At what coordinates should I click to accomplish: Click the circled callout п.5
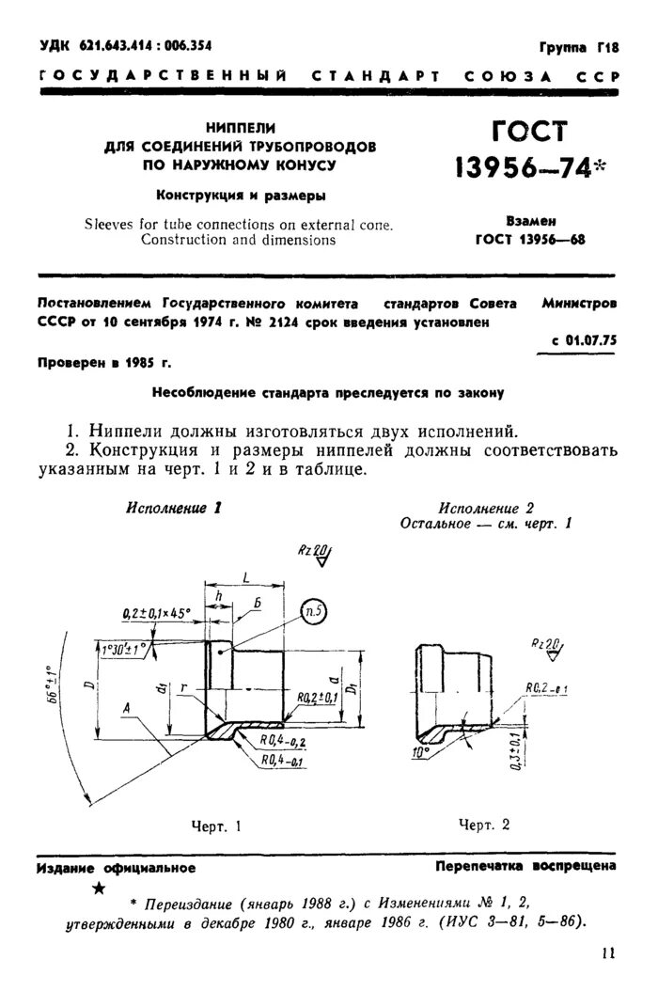coord(314,613)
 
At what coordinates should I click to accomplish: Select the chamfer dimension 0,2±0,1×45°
coord(156,613)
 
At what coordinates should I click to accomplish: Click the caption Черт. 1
coord(216,826)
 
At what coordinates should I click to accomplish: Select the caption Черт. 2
coord(484,825)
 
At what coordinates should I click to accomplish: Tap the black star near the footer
coord(100,889)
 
